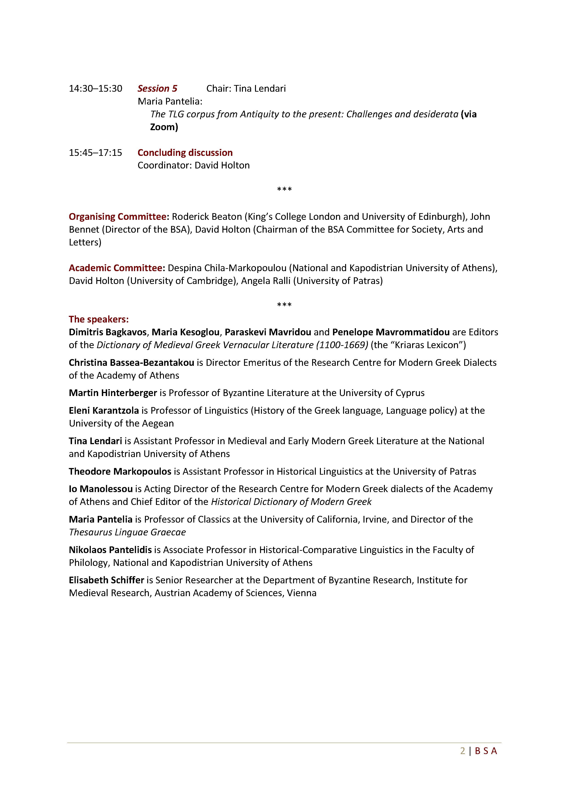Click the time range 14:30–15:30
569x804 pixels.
click(95, 89)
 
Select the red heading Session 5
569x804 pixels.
click(157, 89)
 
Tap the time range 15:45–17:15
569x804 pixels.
click(95, 153)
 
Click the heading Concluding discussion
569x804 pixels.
click(185, 153)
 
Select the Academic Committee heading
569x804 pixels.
click(117, 268)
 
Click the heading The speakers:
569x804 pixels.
click(98, 319)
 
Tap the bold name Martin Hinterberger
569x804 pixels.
click(113, 393)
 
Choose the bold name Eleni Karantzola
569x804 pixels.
click(104, 410)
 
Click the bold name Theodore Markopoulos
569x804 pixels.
click(120, 471)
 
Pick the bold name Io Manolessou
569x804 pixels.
click(100, 489)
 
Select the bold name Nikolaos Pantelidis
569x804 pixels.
click(110, 550)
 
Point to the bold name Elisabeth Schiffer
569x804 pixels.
click(106, 580)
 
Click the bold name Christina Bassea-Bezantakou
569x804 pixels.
click(131, 363)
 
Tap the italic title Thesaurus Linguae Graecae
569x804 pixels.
click(127, 532)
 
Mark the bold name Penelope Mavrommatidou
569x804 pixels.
click(391, 332)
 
